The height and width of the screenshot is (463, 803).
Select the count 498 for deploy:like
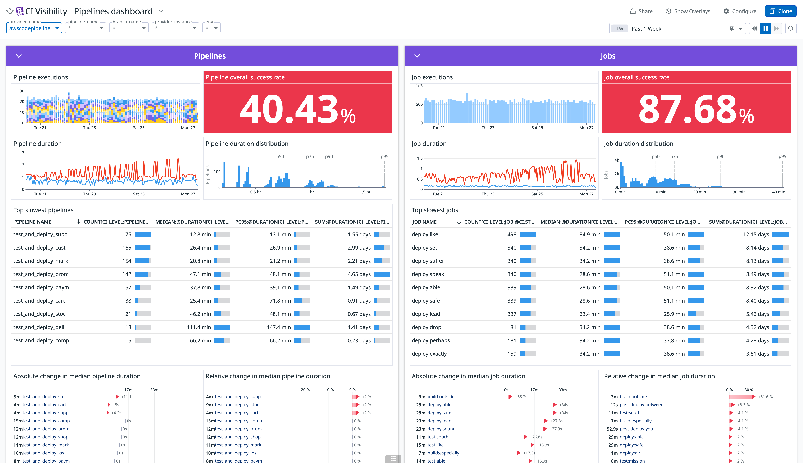pos(512,234)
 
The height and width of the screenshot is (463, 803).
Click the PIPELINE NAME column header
pos(33,222)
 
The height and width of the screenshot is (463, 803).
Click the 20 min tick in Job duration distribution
pos(699,192)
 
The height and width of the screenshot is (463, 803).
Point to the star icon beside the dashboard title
pos(10,11)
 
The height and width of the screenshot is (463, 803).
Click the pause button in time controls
pos(766,29)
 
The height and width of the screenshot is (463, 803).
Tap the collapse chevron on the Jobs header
pos(417,56)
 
